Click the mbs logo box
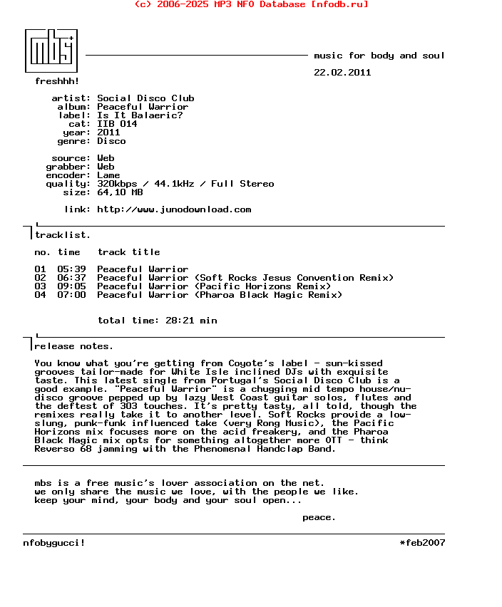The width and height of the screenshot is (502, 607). coord(51,50)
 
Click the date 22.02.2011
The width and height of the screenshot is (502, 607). coord(342,73)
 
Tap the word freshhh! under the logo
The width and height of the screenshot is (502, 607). coord(57,81)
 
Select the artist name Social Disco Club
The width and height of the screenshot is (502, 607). coord(145,98)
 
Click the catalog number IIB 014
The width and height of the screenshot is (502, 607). coord(117,124)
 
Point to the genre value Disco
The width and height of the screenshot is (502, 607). coord(111,141)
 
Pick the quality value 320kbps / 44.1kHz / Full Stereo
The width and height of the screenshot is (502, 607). coord(185,184)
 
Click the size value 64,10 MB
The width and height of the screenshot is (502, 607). coord(120,192)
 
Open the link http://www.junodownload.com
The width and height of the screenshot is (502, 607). coord(174,209)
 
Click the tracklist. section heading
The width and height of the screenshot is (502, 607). coord(63,235)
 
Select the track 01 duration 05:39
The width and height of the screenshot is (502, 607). coord(71,269)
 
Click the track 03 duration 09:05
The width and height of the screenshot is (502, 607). coord(71,286)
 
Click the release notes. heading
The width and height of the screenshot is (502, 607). coord(73,346)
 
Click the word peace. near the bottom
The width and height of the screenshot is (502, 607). coord(319,517)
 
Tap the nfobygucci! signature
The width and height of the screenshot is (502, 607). coord(54,543)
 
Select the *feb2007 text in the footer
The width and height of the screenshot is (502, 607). coord(422,543)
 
